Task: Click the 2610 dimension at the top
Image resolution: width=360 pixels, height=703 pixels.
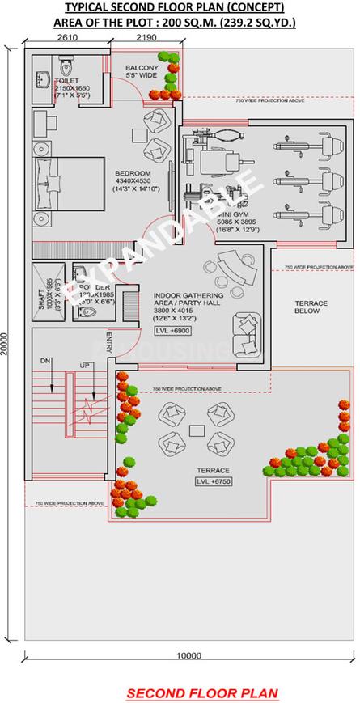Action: (67, 38)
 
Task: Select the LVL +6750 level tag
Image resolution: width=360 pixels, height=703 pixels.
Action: (213, 482)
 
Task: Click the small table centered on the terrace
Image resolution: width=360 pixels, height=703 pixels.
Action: (197, 429)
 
